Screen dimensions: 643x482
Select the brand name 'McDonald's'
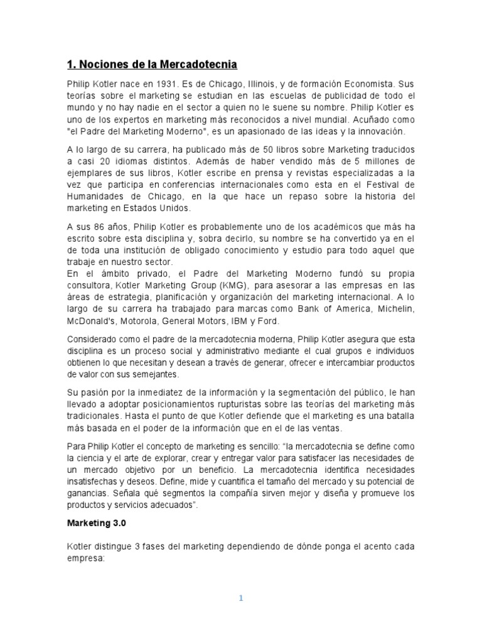point(90,321)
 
